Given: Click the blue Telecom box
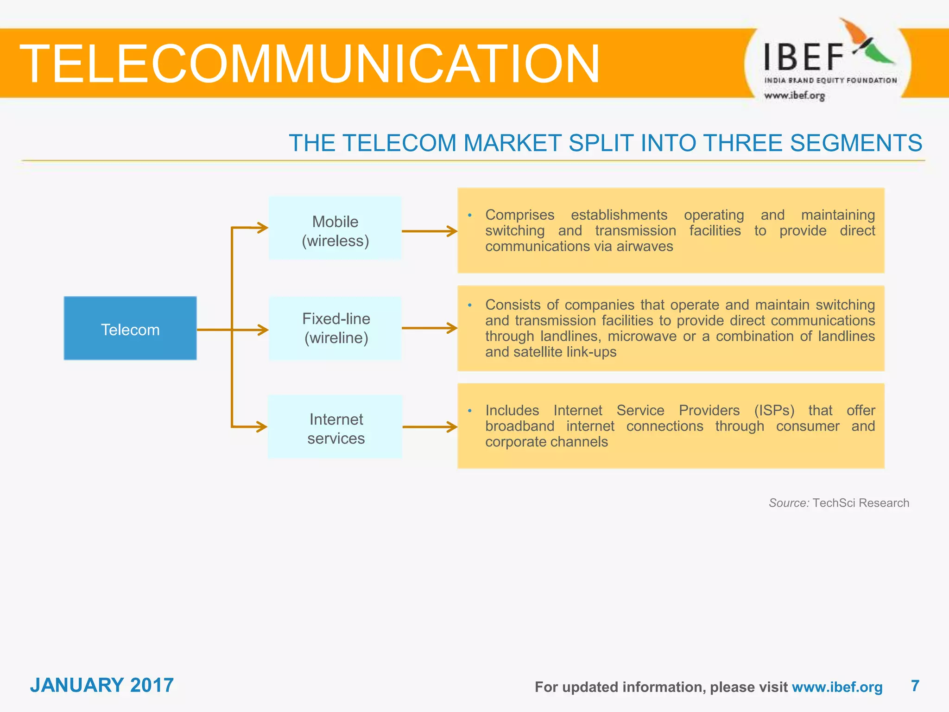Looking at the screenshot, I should (130, 328).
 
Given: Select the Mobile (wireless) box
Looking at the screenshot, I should (335, 228).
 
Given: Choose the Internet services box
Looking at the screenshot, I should (335, 427).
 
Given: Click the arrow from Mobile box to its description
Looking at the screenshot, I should (429, 231).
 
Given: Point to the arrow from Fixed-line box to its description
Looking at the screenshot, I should (429, 328).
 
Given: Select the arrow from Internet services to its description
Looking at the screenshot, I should (429, 427).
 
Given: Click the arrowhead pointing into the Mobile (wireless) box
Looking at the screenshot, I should (262, 228).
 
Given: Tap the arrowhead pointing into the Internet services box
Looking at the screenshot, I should (261, 426).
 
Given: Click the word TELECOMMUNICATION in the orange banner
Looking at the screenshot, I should (310, 64).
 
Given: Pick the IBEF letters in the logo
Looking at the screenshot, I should (803, 57).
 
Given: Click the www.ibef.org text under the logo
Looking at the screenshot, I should (794, 95).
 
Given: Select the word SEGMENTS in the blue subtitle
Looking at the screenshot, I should (856, 143).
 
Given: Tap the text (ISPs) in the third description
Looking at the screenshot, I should (774, 410).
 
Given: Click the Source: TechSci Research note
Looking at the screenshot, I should (839, 503).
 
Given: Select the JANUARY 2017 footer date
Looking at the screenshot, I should (102, 685).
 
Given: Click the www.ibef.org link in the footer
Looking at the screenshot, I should (837, 687).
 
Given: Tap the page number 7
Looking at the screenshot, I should (915, 686).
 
